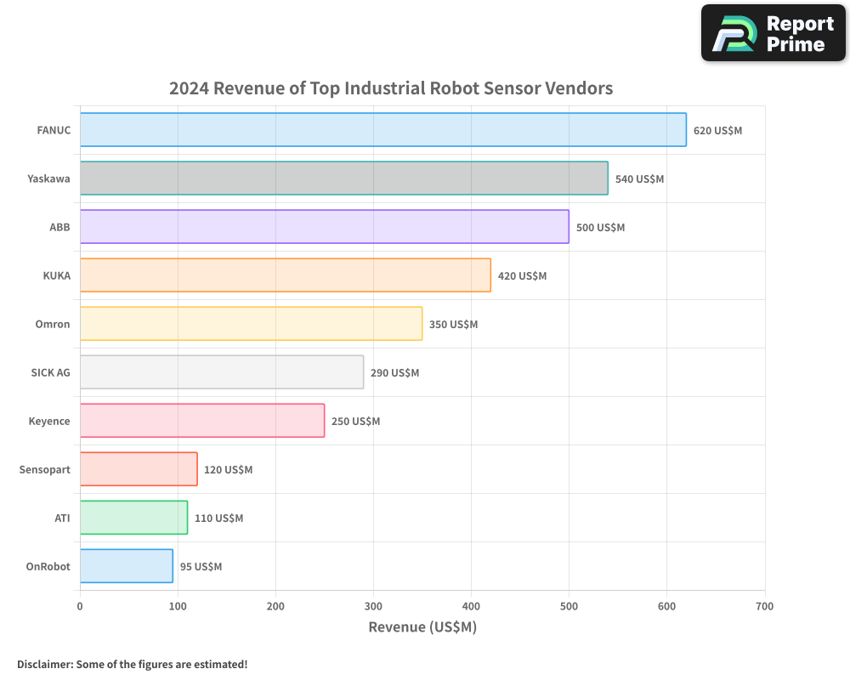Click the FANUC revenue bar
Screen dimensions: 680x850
point(382,130)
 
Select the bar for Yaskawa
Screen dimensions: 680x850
point(343,178)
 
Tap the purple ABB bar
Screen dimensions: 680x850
point(324,227)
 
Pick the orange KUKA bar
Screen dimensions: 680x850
point(285,275)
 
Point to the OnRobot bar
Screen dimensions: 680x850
point(126,566)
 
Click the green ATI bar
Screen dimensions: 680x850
point(133,518)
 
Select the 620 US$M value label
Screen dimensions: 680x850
point(717,131)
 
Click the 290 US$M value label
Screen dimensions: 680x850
point(394,373)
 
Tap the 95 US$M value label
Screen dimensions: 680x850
point(201,567)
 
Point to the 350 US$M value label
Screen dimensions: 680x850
point(453,325)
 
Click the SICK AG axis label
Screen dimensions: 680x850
point(50,373)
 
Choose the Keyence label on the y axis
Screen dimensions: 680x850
point(49,422)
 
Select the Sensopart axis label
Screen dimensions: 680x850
point(45,470)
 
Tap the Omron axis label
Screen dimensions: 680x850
point(53,325)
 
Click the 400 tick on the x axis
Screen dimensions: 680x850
point(471,607)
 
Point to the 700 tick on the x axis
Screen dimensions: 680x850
point(764,607)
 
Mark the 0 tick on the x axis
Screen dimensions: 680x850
point(80,607)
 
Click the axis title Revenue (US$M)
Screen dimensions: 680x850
point(422,627)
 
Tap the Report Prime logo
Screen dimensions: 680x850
point(773,33)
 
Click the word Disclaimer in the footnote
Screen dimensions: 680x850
point(43,665)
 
